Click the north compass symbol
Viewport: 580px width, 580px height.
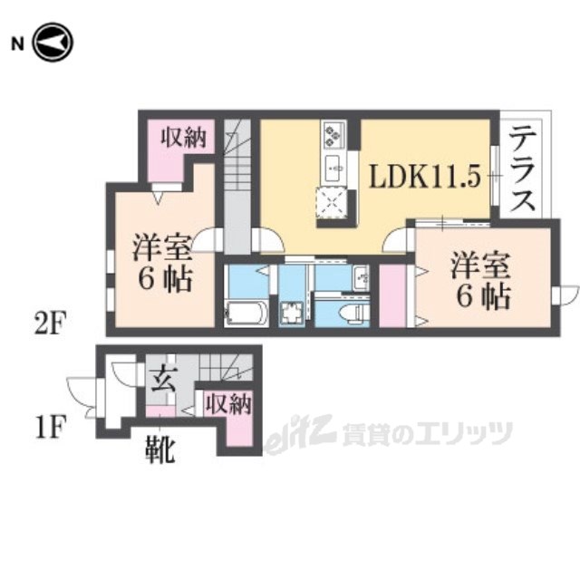coord(53,43)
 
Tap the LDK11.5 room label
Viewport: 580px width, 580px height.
coord(425,177)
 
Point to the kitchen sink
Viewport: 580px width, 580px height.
coord(334,169)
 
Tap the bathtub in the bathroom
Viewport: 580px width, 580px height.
coord(246,314)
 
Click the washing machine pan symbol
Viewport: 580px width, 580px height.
coord(292,313)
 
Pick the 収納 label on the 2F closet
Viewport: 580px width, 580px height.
coord(183,139)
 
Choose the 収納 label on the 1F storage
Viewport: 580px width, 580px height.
coord(229,403)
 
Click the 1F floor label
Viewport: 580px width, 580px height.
coord(51,427)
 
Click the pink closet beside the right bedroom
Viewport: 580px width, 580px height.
coord(392,295)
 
